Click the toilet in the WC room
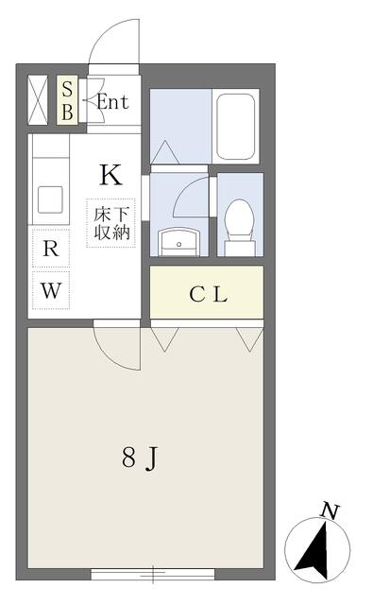[x=239, y=227]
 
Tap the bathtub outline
[x=235, y=126]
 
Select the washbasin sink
[x=178, y=242]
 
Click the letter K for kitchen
[x=111, y=175]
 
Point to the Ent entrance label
[x=112, y=102]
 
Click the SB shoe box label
[x=67, y=101]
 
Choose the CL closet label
[x=208, y=295]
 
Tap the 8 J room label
[x=141, y=458]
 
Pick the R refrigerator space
[x=51, y=248]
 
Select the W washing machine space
[x=51, y=290]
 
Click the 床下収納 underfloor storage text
[x=111, y=223]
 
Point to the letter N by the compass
[x=330, y=511]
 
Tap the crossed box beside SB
[x=38, y=100]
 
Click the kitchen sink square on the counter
[x=50, y=199]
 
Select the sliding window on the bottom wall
[x=153, y=574]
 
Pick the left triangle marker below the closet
[x=164, y=339]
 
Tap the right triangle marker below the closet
[x=249, y=339]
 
